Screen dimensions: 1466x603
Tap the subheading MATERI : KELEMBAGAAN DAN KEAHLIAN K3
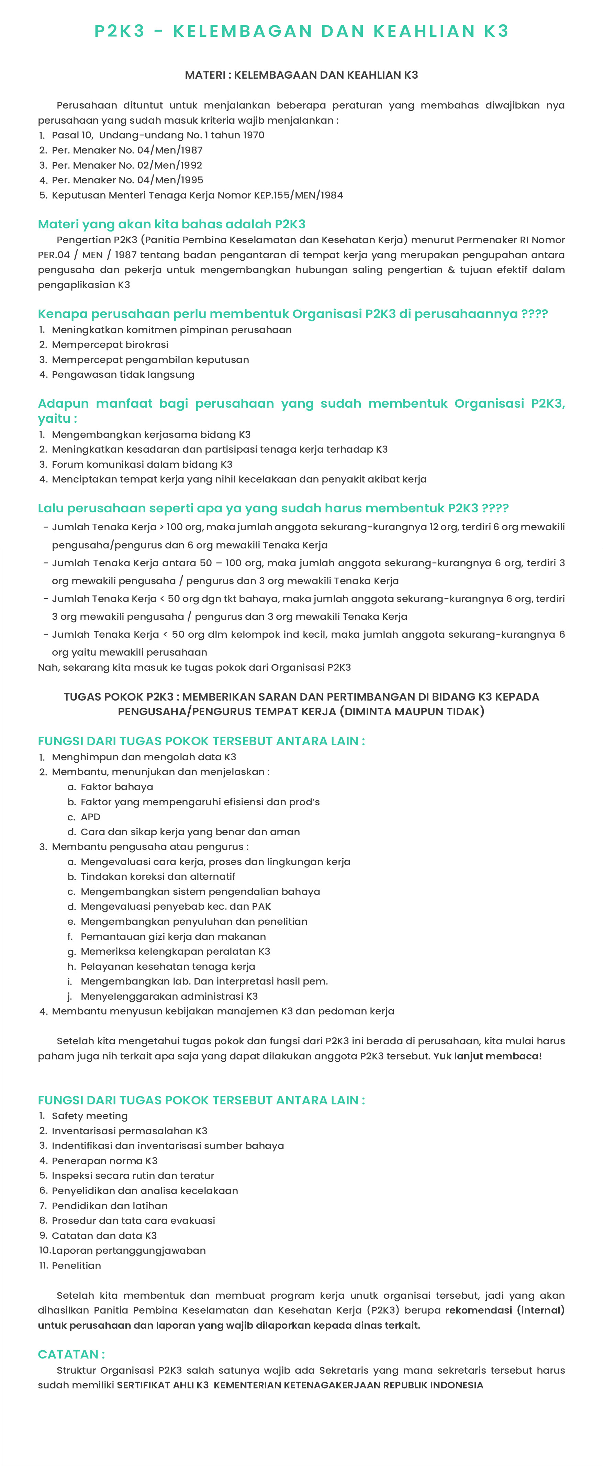coord(301,75)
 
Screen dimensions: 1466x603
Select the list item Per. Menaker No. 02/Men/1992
coord(126,165)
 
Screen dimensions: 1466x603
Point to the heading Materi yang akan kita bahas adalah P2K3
coord(171,224)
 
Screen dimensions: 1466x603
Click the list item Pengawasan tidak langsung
coord(123,374)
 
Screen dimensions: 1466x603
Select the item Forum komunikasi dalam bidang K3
coord(142,464)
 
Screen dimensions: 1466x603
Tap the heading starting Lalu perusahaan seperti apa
coord(273,508)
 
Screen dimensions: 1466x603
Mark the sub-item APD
coord(90,817)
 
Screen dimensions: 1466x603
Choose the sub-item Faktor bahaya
coord(117,787)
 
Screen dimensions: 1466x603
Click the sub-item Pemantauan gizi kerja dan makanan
coord(173,936)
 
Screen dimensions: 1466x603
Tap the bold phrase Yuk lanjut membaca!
coord(488,1056)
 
